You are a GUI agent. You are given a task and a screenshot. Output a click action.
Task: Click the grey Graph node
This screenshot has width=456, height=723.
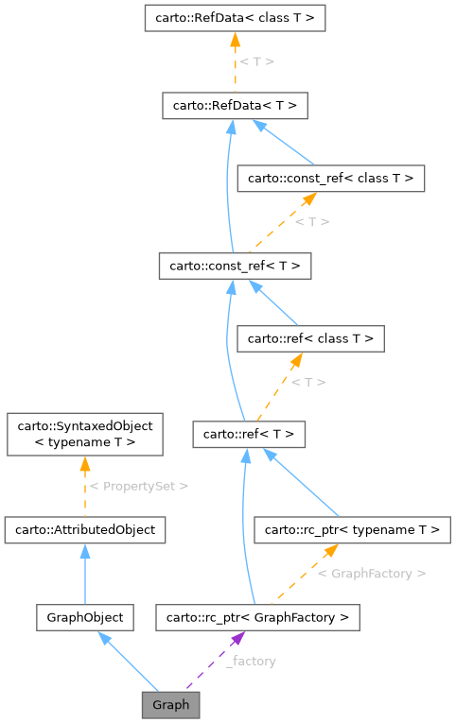170,704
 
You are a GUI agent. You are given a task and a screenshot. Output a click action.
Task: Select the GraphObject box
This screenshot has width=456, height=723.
85,617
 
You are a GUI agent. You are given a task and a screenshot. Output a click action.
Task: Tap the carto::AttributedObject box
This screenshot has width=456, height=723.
85,529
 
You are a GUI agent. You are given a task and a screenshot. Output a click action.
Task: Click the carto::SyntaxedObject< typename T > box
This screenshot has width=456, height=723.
85,434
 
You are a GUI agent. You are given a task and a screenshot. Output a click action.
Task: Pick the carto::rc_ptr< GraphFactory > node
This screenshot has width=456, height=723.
257,617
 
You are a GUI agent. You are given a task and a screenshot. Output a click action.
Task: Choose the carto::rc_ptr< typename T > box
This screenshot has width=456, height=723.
351,529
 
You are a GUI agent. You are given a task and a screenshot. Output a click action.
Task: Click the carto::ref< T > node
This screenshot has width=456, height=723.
249,435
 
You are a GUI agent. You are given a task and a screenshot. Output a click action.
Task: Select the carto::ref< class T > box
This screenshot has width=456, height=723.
310,337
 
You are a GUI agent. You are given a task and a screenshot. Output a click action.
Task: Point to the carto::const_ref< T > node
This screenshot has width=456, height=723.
235,267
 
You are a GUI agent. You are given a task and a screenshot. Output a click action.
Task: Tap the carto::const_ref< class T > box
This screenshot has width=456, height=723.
330,177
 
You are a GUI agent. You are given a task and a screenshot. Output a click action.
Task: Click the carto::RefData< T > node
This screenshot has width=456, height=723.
235,105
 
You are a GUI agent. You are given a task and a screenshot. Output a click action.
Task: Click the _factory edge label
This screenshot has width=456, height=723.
251,661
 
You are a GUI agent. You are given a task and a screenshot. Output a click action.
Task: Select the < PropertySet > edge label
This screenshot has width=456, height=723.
138,486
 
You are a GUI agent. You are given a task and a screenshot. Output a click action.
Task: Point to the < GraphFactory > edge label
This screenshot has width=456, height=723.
371,573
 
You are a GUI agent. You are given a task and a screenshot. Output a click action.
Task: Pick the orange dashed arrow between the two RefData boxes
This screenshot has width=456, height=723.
235,60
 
